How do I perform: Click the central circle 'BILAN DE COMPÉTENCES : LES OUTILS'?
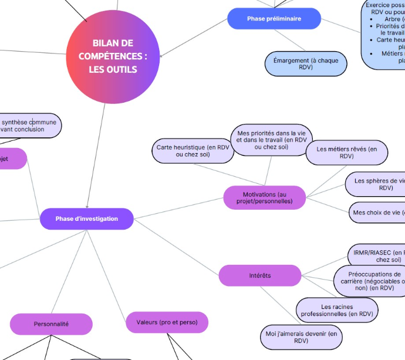113,56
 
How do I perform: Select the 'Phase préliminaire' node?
274,19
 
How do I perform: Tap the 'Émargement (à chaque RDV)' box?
306,64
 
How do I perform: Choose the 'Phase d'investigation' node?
87,218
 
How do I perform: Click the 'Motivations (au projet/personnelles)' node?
265,197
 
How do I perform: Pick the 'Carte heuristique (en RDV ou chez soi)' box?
193,151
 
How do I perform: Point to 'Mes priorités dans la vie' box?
271,140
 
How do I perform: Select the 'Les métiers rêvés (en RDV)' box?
347,153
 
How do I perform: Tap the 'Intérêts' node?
260,275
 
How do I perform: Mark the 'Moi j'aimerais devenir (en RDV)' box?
301,337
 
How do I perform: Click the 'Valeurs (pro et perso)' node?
167,322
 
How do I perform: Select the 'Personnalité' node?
51,324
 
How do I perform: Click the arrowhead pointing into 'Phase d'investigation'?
87,206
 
